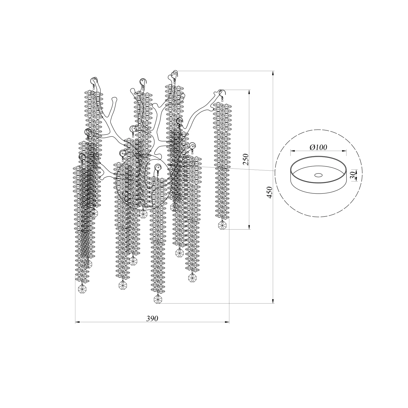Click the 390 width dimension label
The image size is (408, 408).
(x=152, y=319)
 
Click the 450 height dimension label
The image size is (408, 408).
(x=270, y=192)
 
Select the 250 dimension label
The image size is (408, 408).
(x=246, y=159)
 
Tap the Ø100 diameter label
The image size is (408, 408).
(x=318, y=147)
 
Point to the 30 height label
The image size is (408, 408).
(x=353, y=175)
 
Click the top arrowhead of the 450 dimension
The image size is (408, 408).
(x=273, y=73)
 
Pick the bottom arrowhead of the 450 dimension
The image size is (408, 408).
(x=273, y=301)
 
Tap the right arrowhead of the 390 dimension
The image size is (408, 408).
(x=227, y=322)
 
